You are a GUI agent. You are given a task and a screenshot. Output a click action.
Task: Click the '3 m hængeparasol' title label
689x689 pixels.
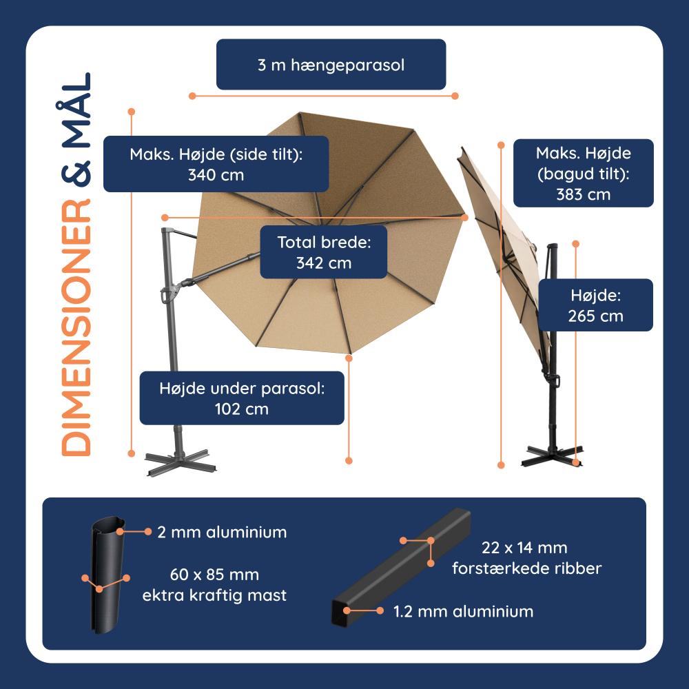[x=331, y=65]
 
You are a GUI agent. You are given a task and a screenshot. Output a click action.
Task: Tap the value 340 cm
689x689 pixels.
[x=216, y=175]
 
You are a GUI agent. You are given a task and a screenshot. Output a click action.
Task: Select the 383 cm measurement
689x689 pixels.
[x=583, y=195]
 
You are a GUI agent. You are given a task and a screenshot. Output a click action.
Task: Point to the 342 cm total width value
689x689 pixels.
[x=324, y=263]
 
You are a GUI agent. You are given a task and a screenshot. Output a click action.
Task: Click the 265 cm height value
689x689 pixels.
[x=595, y=316]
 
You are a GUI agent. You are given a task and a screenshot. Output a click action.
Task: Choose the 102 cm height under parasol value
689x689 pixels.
[x=241, y=409]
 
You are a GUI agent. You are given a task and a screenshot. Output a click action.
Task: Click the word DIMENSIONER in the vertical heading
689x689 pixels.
[x=76, y=327]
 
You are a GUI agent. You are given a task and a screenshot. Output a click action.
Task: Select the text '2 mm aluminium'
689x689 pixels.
[x=222, y=532]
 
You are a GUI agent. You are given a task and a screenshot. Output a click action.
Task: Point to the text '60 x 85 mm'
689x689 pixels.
[x=214, y=575]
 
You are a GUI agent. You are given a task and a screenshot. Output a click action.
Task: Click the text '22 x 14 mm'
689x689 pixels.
[x=524, y=548]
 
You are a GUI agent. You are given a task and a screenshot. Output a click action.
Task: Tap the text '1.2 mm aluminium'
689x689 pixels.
[x=463, y=611]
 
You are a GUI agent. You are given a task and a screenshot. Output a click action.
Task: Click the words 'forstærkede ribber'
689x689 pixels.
[x=526, y=568]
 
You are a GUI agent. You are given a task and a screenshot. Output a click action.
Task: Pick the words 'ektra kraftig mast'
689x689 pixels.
[x=214, y=595]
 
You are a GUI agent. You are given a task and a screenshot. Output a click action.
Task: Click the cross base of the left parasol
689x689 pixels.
[x=180, y=462]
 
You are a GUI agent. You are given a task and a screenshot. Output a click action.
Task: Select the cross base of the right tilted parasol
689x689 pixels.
[x=553, y=456]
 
